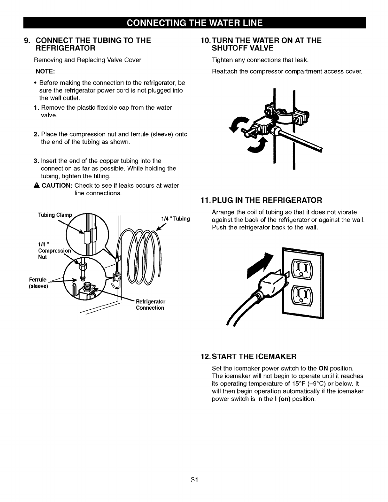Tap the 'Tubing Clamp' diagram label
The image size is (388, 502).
[55, 215]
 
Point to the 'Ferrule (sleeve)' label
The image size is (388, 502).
[38, 283]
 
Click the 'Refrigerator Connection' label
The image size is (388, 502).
[150, 305]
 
